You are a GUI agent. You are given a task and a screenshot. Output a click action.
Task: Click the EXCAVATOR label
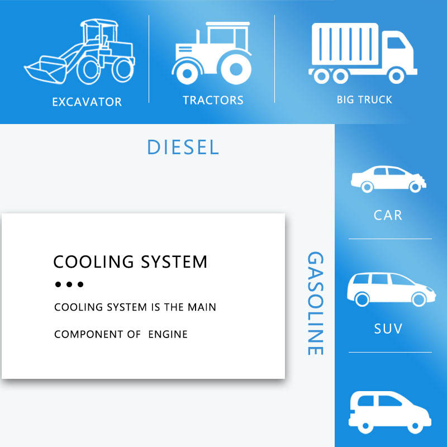[x=87, y=102]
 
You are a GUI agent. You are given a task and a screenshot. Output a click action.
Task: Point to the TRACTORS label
[x=213, y=101]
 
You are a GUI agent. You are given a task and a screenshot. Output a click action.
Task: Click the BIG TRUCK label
[x=364, y=100]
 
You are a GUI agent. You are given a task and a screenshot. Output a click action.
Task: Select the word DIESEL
[x=183, y=148]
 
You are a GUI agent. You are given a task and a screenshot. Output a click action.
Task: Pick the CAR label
[x=388, y=215]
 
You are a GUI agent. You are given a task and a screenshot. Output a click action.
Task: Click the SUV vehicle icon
[x=391, y=288]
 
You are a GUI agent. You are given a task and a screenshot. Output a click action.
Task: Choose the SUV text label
[x=388, y=328]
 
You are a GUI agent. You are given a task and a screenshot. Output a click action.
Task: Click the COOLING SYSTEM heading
[x=130, y=261]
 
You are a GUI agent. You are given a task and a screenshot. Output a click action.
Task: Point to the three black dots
[x=69, y=284]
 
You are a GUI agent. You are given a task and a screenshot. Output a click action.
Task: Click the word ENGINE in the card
[x=168, y=335]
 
